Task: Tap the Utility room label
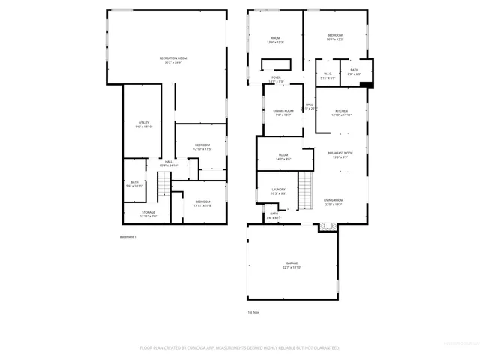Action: pos(143,124)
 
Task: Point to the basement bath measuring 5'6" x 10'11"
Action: pos(134,184)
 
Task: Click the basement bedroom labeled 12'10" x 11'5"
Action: pos(202,147)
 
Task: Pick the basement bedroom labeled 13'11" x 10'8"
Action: pos(202,202)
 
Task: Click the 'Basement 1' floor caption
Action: pos(128,237)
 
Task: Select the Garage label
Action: pos(291,265)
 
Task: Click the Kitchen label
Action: pos(341,112)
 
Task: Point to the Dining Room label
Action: pos(283,112)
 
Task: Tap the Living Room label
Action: pos(334,202)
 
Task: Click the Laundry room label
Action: pos(278,191)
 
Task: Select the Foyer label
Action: pos(277,79)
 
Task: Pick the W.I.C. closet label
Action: pos(328,75)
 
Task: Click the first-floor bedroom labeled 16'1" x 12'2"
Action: pos(334,37)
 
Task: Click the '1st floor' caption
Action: pos(255,312)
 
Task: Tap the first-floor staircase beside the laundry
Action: pos(305,190)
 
